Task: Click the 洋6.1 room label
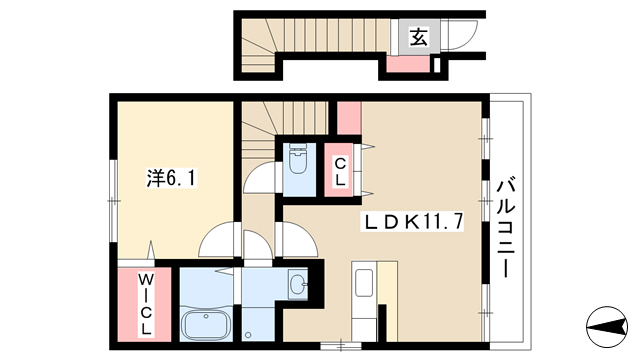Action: (171, 178)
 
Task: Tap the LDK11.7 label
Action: (412, 222)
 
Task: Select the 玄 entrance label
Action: (419, 38)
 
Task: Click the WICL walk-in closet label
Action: (146, 304)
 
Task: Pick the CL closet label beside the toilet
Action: (340, 172)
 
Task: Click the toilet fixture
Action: (299, 158)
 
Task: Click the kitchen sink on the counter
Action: (363, 282)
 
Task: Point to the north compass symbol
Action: (607, 327)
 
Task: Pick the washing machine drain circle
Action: (248, 335)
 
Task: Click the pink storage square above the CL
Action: (349, 118)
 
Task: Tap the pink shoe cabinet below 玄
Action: (408, 64)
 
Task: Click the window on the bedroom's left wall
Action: (114, 200)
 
